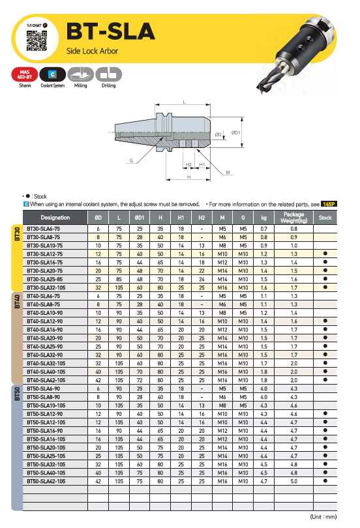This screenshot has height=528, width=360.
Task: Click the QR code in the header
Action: click(37, 41)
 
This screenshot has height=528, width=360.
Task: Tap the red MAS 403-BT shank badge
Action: click(25, 74)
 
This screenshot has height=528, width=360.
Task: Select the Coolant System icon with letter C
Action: click(53, 74)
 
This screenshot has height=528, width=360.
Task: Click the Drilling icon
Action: click(108, 74)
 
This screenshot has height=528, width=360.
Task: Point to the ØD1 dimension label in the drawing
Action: click(235, 133)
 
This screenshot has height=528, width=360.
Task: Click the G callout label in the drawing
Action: click(131, 160)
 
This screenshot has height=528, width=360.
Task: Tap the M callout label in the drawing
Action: click(228, 172)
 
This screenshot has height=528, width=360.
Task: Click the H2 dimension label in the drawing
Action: click(188, 165)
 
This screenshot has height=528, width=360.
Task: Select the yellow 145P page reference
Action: click(329, 204)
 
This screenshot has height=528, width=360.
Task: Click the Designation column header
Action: click(55, 218)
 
